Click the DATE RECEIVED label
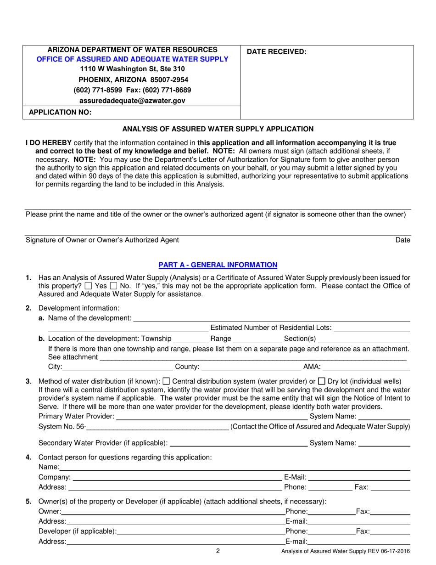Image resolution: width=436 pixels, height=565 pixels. (276, 52)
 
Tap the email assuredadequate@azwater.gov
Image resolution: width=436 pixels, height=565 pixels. (132, 100)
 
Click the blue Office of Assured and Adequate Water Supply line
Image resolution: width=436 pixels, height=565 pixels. (132, 59)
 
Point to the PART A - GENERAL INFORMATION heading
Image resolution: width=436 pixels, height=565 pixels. (218, 265)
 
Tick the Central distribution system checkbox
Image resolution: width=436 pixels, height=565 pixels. (167, 381)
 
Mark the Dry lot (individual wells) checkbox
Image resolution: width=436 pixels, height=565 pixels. (322, 381)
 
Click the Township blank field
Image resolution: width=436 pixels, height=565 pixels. (190, 339)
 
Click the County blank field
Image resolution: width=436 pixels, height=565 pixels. (251, 367)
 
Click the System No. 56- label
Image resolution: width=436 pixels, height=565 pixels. (62, 427)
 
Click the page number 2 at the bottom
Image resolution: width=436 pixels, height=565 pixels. (218, 552)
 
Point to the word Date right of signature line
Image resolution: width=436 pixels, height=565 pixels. (403, 240)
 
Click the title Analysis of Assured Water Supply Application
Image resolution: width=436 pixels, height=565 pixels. (218, 129)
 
